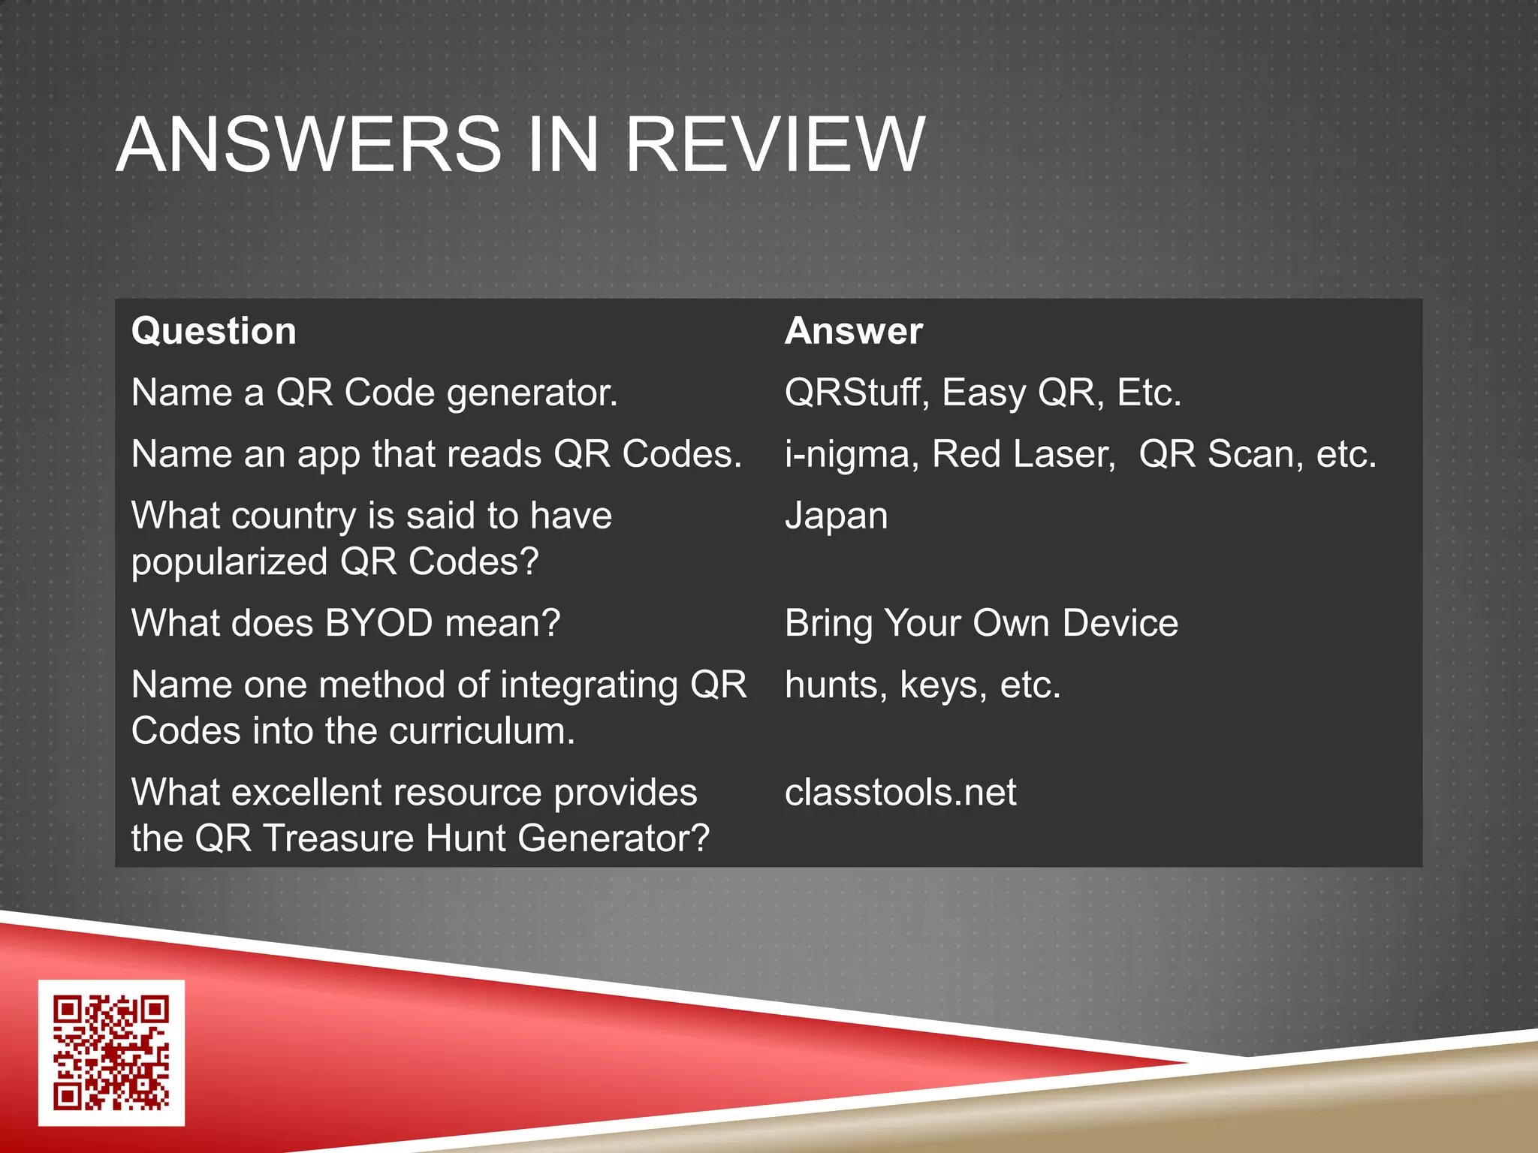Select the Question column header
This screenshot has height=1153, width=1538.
tap(214, 331)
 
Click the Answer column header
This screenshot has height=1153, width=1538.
tap(854, 331)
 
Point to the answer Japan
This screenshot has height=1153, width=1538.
tap(836, 516)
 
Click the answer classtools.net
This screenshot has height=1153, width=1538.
tap(900, 793)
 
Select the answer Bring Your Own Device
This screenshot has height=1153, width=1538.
tap(981, 623)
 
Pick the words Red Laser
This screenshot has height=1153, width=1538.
tap(1024, 454)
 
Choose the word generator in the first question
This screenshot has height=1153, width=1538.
tap(532, 393)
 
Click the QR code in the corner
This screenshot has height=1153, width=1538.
tap(111, 1052)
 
